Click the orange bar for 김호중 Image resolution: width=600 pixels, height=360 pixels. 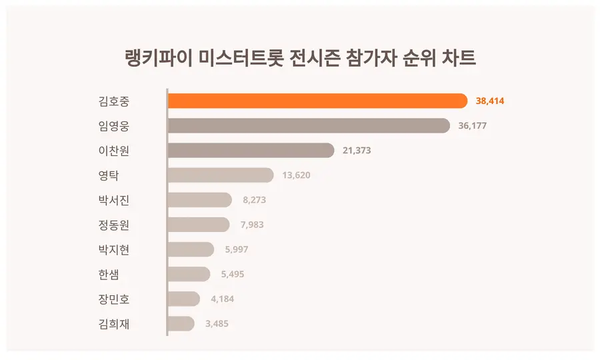(317, 101)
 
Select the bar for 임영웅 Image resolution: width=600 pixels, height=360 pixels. (308, 125)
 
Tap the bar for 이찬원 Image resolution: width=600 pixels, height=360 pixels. (250, 151)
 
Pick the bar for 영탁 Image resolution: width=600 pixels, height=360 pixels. (220, 175)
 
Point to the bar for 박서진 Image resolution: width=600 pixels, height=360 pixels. (199, 200)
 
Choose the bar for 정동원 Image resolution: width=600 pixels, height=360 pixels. (198, 225)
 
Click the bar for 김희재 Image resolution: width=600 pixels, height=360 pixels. (181, 324)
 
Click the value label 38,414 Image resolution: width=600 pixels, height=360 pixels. (490, 101)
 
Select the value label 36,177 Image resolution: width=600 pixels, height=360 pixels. (473, 126)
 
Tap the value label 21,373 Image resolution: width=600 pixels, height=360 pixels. (357, 151)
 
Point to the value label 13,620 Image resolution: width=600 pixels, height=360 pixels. (297, 175)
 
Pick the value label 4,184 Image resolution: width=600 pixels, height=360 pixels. (222, 299)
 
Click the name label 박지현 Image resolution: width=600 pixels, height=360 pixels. (113, 250)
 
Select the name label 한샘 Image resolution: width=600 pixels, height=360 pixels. (108, 275)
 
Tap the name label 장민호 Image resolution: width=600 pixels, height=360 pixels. (113, 299)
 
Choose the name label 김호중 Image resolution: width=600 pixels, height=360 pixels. (113, 101)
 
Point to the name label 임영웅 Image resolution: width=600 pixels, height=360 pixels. (113, 126)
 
